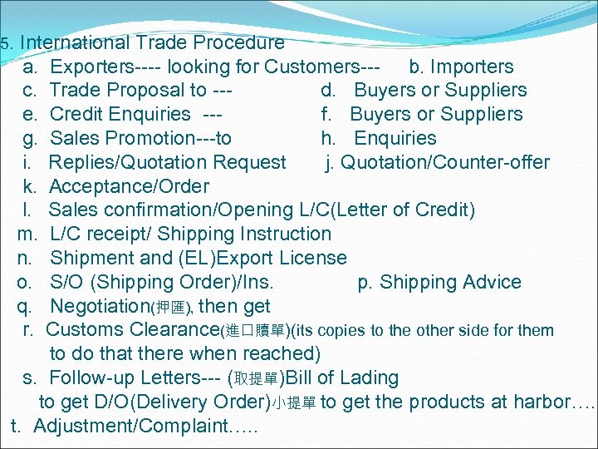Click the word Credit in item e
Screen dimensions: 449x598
point(76,114)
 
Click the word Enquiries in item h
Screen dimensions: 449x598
point(395,138)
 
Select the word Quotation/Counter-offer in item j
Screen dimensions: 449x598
point(445,162)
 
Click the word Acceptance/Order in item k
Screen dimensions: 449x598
point(129,186)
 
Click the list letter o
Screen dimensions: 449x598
point(23,282)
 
